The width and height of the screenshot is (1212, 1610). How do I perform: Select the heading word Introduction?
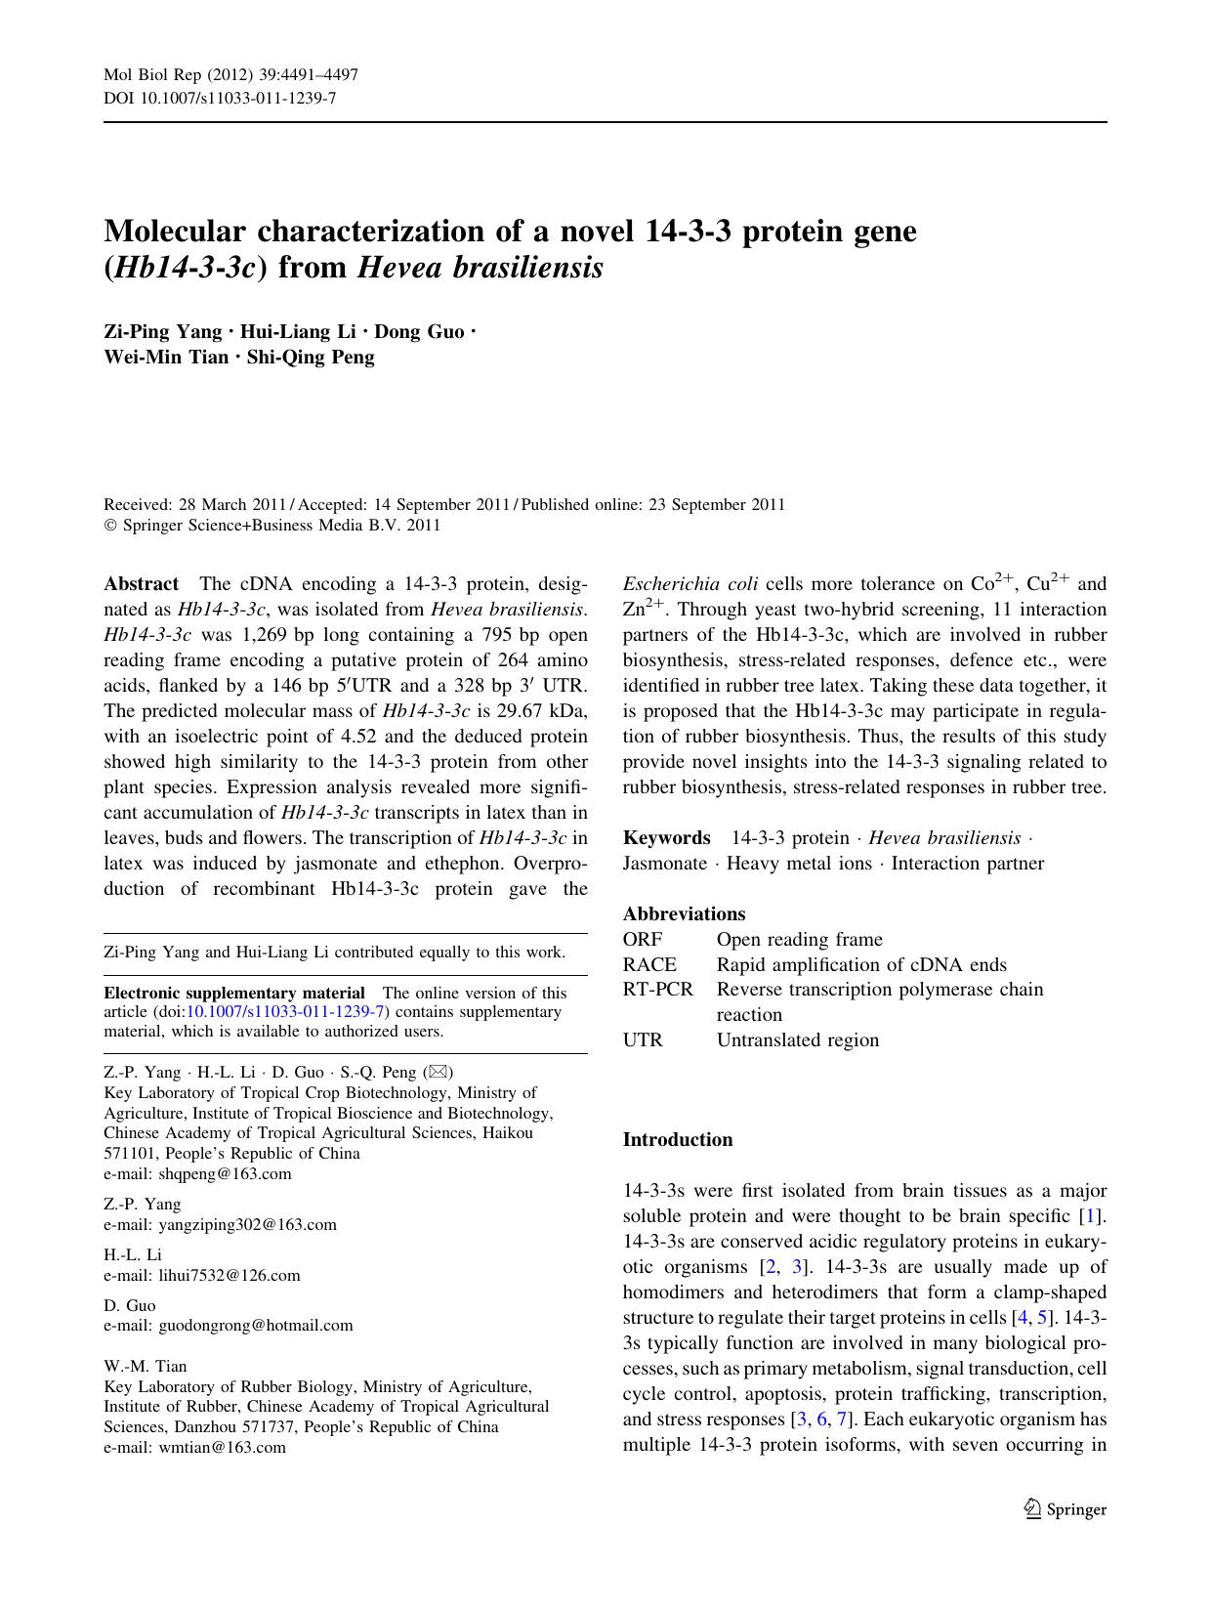[678, 1140]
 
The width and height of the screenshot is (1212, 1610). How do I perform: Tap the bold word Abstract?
[142, 584]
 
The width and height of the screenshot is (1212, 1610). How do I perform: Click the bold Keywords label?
[667, 838]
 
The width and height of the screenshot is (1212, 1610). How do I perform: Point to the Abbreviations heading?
[685, 914]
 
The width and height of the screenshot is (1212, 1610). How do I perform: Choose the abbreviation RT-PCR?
[658, 990]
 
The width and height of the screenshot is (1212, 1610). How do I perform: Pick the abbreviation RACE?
[649, 965]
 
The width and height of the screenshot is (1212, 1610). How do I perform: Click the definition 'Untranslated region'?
[798, 1040]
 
